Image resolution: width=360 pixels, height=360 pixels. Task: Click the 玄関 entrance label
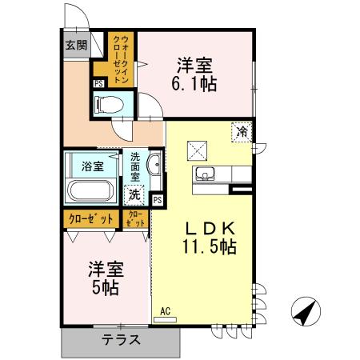point(76,45)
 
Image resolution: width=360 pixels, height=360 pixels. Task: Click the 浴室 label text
point(92,166)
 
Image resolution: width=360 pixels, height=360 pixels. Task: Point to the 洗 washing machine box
point(134,194)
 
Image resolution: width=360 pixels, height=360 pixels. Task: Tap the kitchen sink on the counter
point(202,174)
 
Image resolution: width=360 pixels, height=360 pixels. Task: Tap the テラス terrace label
point(121,339)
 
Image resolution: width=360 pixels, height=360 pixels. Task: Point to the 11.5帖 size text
point(206,246)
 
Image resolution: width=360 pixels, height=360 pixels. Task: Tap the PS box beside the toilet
point(98,82)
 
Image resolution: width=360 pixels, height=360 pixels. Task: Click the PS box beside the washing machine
point(157,199)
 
